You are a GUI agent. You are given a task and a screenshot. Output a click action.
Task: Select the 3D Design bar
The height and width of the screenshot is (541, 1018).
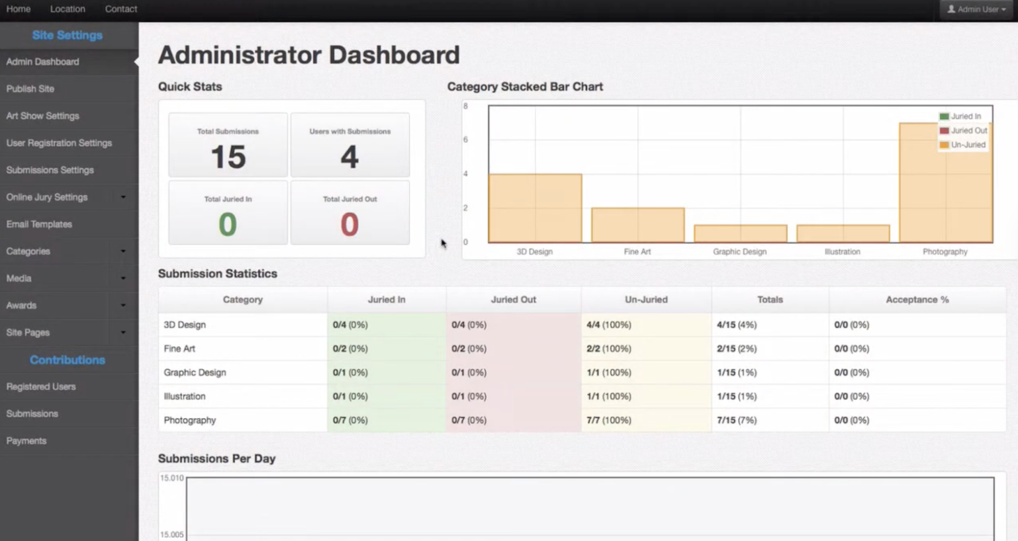(535, 208)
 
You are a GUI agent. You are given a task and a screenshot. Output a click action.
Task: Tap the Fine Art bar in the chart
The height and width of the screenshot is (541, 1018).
(637, 225)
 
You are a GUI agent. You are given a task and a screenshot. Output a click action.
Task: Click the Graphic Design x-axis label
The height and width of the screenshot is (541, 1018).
(739, 252)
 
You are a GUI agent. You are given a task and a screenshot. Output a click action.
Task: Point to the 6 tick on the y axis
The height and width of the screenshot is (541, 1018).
(465, 140)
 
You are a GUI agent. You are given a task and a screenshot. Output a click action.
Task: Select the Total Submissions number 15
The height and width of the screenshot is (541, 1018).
(228, 157)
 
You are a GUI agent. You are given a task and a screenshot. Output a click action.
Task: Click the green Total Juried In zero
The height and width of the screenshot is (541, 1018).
(228, 224)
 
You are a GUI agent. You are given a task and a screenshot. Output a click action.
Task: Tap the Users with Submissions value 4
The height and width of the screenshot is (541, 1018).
(349, 157)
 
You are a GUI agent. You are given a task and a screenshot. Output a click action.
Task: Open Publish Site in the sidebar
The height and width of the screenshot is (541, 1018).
(30, 89)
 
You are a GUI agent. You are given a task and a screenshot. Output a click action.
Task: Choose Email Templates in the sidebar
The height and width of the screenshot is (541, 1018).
(39, 224)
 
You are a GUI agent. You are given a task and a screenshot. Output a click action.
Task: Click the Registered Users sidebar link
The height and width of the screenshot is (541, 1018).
(41, 386)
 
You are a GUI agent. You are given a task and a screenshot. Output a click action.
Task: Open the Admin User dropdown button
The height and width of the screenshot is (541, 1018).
(976, 9)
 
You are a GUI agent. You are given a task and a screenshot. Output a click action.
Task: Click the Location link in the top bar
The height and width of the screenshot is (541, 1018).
(68, 9)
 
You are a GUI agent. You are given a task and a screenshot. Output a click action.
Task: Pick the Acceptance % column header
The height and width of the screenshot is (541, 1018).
(917, 300)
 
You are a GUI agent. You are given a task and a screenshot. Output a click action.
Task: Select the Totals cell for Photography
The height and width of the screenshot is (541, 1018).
(736, 420)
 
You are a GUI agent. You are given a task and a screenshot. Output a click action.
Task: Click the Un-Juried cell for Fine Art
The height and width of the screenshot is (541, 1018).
(609, 349)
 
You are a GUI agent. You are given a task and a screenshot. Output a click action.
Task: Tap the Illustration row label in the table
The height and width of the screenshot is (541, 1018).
(185, 396)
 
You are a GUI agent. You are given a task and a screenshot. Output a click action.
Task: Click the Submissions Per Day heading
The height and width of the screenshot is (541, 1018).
(216, 458)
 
